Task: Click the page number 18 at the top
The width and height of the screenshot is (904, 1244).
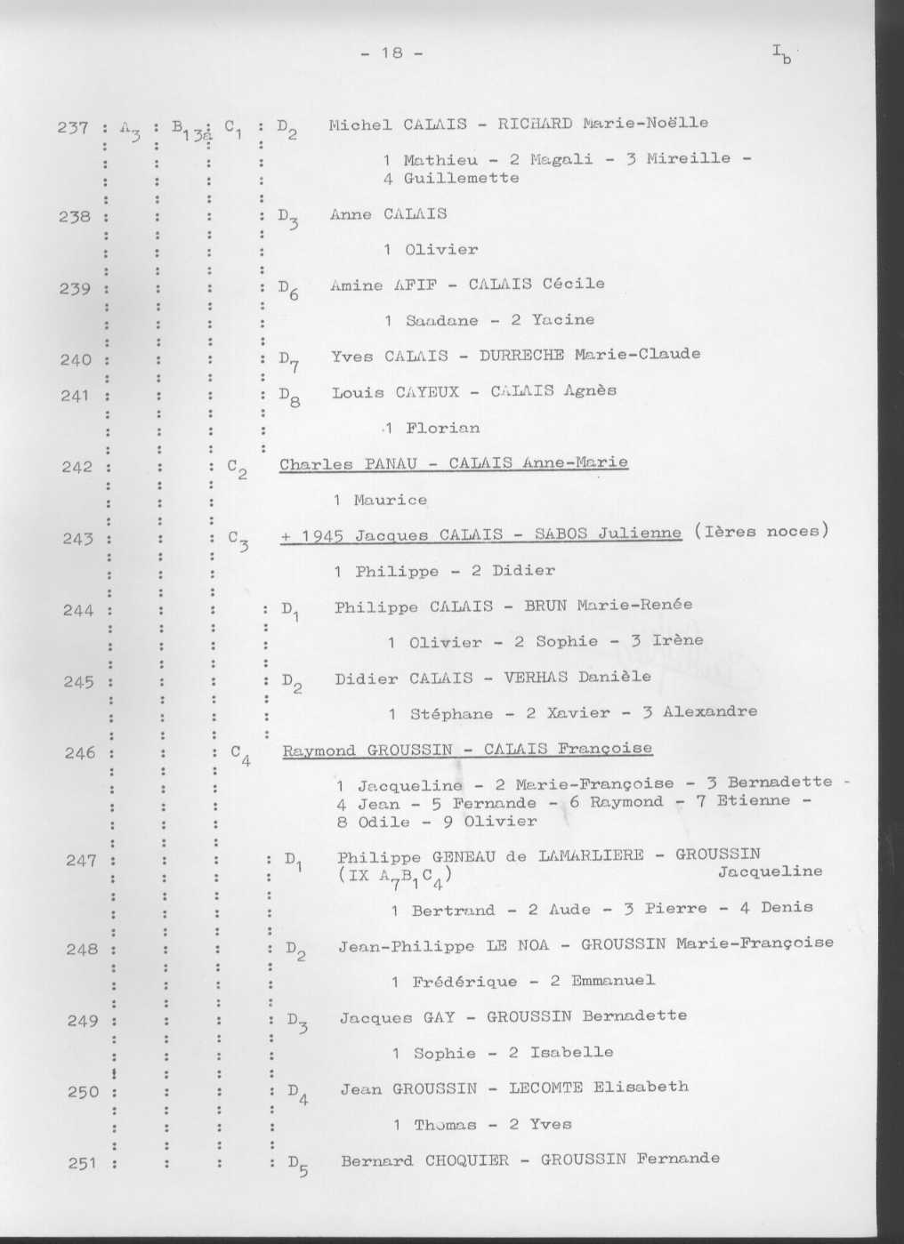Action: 391,52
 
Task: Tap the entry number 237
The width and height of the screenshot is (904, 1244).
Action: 73,127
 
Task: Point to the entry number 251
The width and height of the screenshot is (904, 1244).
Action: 83,1162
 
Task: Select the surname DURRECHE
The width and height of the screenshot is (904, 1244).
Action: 521,355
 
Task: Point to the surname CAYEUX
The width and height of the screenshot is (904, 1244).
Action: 427,391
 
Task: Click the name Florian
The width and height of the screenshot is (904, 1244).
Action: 442,429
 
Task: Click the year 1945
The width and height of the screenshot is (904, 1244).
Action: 323,535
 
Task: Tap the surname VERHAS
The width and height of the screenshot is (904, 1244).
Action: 536,678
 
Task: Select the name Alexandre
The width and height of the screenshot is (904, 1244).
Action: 710,711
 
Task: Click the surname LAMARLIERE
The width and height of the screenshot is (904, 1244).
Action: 591,855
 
